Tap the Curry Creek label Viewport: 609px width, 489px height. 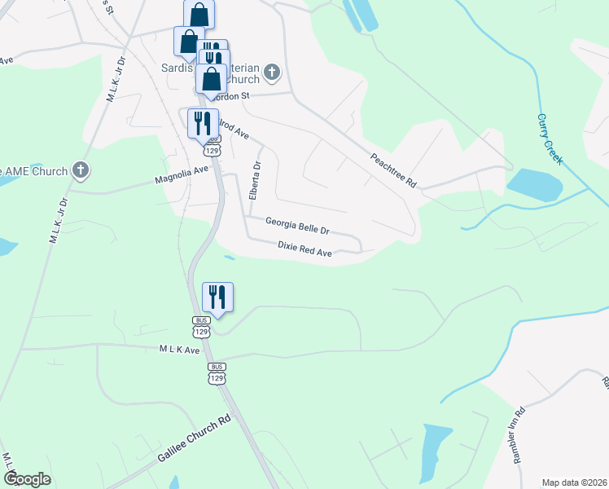coord(550,139)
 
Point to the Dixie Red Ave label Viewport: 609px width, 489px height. coord(304,249)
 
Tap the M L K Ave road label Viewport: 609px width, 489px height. coord(180,350)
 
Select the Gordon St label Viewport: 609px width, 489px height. coord(235,96)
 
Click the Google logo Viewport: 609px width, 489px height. coord(28,479)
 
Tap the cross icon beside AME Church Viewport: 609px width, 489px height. coord(80,170)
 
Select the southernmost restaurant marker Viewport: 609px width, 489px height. coord(217,297)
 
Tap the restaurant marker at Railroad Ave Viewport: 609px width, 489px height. coord(203,124)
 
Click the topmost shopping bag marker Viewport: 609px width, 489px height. coord(199,15)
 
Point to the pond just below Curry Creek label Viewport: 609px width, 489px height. coord(534,183)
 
